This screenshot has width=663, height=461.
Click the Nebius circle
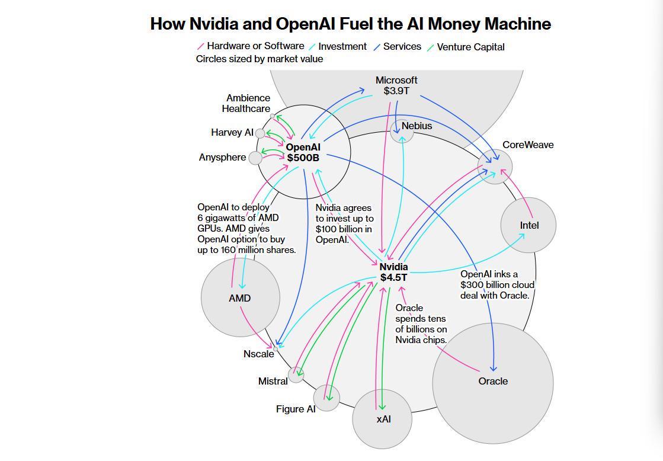pyautogui.click(x=402, y=132)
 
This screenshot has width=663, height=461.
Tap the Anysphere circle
pyautogui.click(x=255, y=158)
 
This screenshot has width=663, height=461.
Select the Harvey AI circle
pyautogui.click(x=260, y=133)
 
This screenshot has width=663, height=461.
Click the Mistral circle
pyautogui.click(x=296, y=374)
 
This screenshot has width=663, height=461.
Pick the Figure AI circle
pyautogui.click(x=326, y=398)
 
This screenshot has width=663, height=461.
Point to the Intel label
pyautogui.click(x=529, y=225)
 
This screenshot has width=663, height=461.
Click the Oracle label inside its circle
pyautogui.click(x=493, y=381)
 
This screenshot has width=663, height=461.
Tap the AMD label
pyautogui.click(x=239, y=298)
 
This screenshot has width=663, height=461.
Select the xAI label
pyautogui.click(x=383, y=419)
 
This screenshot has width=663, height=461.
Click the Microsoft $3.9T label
pyautogui.click(x=396, y=85)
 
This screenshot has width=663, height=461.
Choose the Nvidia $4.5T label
pyautogui.click(x=393, y=272)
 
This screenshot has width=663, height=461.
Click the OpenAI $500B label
pyautogui.click(x=303, y=152)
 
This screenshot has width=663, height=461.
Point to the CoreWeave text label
pyautogui.click(x=528, y=145)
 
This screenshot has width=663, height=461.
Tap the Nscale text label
pyautogui.click(x=258, y=354)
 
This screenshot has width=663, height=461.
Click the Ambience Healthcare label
pyautogui.click(x=246, y=103)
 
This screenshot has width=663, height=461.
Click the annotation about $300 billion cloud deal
pyautogui.click(x=497, y=284)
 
